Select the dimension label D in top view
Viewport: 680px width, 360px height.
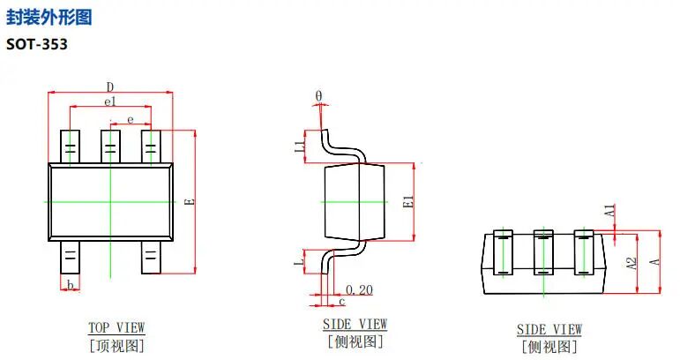pos(110,86)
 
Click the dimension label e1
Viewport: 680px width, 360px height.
pos(110,102)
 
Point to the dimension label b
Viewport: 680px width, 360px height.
pos(70,283)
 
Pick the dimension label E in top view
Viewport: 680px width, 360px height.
pos(188,201)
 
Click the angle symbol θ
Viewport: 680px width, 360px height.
pos(318,96)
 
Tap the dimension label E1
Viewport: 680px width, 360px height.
pos(407,201)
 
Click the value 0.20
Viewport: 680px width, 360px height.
pos(359,289)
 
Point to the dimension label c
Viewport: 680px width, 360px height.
pos(341,302)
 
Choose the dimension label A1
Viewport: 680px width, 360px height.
pos(609,211)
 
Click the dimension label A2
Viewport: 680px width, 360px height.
pos(631,264)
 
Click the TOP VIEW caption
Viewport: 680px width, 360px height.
pos(116,327)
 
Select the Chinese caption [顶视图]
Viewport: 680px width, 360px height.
pos(116,345)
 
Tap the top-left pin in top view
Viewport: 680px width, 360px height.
pos(70,146)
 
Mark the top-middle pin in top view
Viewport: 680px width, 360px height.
pos(110,146)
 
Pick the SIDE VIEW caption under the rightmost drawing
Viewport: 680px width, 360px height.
pos(549,329)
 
